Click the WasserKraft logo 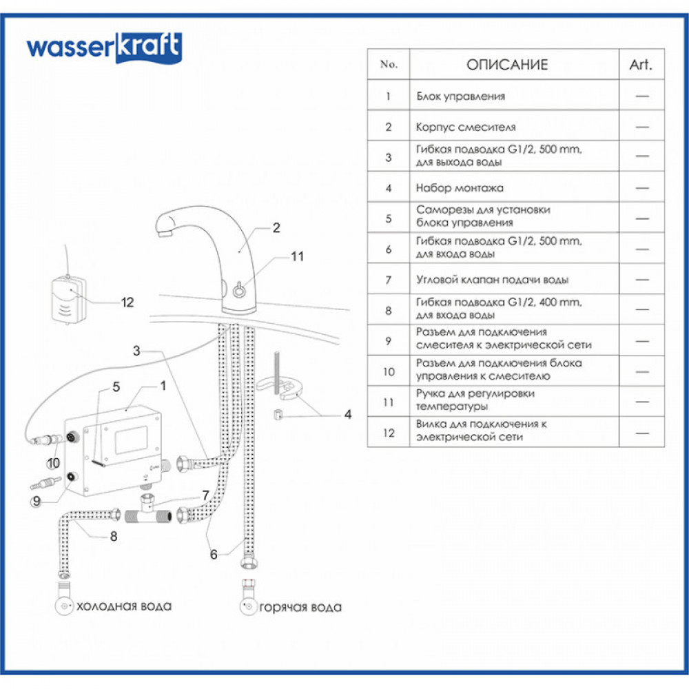pos(104,48)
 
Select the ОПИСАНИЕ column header pos(507,65)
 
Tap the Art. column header pos(641,65)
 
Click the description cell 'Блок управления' pos(461,96)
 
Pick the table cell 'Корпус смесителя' pos(466,127)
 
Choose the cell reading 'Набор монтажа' pos(460,187)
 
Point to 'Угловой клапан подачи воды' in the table pos(493,280)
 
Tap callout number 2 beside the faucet pos(276,228)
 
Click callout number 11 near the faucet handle pos(297,257)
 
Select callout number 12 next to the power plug pos(127,302)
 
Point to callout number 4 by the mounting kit pos(348,414)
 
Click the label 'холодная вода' pos(124,606)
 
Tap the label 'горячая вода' pos(300,607)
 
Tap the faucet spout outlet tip pos(164,234)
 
